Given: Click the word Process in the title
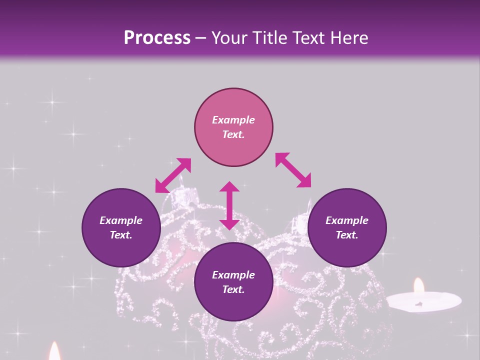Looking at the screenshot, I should pyautogui.click(x=157, y=38).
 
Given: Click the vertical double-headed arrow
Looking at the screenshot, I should pyautogui.click(x=229, y=205).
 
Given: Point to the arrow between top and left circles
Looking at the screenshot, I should pyautogui.click(x=173, y=175).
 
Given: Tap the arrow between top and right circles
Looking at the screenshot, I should pyautogui.click(x=293, y=170).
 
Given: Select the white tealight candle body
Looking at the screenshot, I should pyautogui.click(x=424, y=301).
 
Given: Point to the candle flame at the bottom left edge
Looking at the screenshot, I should pyautogui.click(x=54, y=352).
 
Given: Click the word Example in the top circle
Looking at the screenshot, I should pyautogui.click(x=233, y=120).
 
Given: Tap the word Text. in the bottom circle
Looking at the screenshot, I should pyautogui.click(x=233, y=289).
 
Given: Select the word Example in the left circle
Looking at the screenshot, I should pyautogui.click(x=121, y=220).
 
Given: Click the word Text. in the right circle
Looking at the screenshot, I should pyautogui.click(x=347, y=235).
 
